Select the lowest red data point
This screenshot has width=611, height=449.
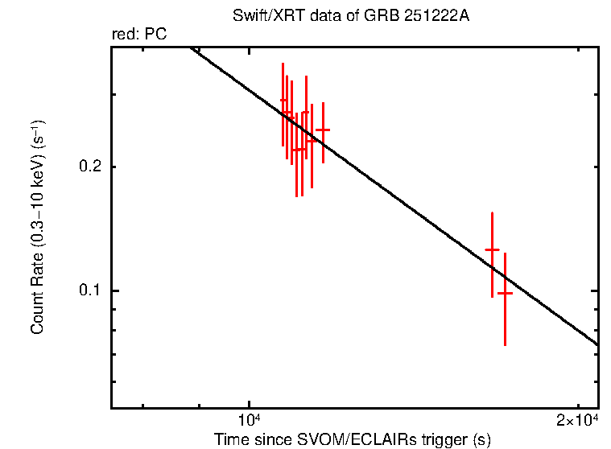(505, 294)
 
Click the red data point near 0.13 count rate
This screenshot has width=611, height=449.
(492, 250)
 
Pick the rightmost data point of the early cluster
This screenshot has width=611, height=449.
(323, 130)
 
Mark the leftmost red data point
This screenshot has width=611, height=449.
(283, 101)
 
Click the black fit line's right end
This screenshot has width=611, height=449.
(597, 344)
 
